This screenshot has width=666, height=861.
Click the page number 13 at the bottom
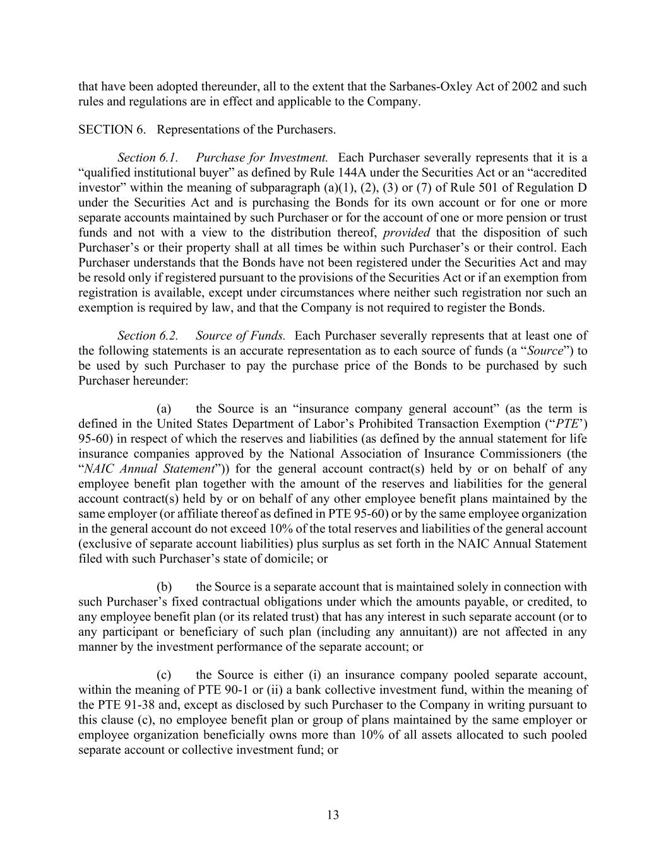[x=333, y=815]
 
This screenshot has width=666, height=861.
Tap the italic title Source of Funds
[x=241, y=336]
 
